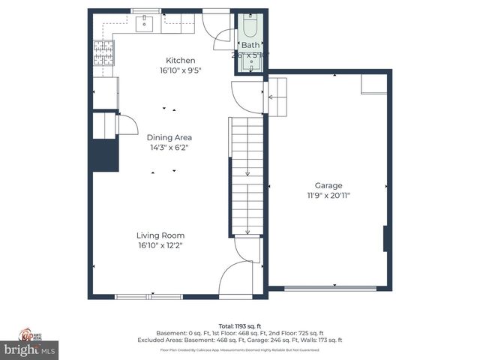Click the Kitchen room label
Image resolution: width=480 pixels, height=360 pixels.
tap(180, 61)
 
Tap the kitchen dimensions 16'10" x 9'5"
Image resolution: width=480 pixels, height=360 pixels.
tap(180, 70)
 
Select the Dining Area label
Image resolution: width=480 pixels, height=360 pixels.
tap(169, 137)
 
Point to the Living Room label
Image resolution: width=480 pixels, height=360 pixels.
tap(160, 235)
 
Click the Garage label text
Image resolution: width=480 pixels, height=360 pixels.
tap(328, 185)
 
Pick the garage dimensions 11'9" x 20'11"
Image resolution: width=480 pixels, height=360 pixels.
tap(328, 195)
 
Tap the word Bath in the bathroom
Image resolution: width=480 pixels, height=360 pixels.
tap(250, 45)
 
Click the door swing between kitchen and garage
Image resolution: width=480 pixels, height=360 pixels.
tap(246, 97)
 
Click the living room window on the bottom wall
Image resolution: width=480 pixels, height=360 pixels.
tap(148, 297)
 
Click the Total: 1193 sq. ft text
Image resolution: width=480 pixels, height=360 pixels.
tap(239, 325)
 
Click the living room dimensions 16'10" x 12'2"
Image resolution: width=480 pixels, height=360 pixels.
tap(160, 244)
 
